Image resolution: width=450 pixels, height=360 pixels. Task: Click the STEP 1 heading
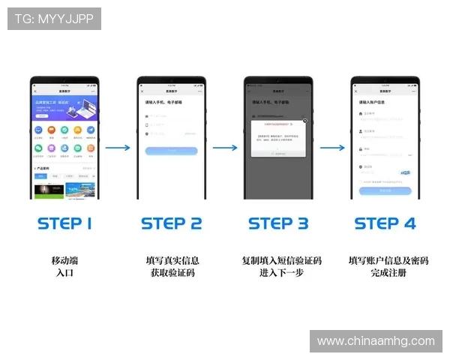[64, 223]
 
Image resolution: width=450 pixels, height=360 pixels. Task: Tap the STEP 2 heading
[172, 223]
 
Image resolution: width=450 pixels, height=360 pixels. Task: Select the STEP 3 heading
[278, 223]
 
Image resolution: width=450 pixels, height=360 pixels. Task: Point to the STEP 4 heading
[385, 223]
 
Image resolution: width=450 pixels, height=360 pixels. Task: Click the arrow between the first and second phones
[118, 148]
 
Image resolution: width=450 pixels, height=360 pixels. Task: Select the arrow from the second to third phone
[225, 148]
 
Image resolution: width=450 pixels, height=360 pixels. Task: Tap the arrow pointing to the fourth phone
[331, 148]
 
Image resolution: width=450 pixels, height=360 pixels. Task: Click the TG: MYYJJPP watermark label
[54, 19]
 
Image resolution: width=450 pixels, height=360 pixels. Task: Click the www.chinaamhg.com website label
[376, 341]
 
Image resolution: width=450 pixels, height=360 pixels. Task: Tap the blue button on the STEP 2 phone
[171, 151]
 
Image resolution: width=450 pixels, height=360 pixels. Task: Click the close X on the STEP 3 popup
[304, 120]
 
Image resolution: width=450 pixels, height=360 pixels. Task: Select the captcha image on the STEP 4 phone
[405, 172]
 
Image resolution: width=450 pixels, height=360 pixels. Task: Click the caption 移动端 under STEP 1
[64, 260]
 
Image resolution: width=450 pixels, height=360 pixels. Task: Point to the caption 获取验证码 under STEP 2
[172, 273]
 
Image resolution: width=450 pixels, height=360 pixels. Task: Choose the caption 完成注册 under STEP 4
[388, 273]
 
